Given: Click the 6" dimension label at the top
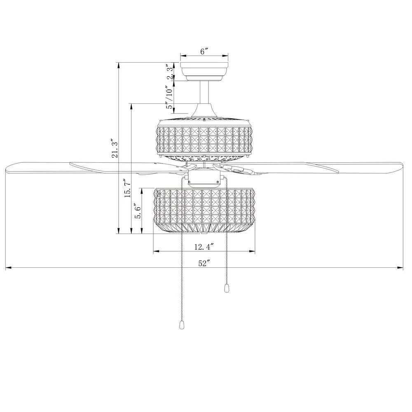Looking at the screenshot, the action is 204,51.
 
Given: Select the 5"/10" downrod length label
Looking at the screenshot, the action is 170,97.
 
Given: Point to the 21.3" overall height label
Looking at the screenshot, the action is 115,148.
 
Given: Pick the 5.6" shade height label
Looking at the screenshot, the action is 138,211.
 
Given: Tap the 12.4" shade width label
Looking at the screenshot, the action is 204,247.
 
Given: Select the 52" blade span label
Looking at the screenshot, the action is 204,263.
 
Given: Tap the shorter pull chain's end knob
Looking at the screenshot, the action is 226,288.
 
